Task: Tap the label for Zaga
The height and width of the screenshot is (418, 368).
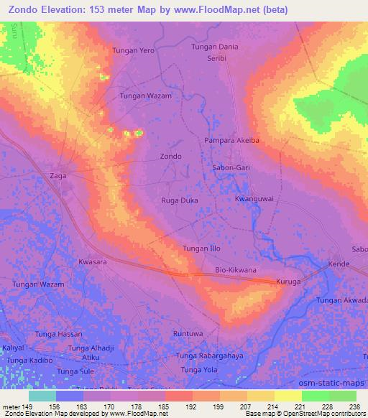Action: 59,174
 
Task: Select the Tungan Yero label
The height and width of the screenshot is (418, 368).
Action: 134,51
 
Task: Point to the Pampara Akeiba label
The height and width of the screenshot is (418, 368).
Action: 231,141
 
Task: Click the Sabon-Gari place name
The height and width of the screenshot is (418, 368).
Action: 231,166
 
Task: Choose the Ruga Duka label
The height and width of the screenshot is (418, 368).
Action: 179,200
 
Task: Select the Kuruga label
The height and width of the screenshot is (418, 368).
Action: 290,283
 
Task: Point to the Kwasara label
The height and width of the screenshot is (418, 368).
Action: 93,262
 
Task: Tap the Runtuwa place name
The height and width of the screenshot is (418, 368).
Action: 189,334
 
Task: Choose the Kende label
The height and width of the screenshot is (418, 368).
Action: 339,264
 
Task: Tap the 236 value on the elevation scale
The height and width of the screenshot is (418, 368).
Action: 354,406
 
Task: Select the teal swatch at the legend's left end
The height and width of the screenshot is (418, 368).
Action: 42,396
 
